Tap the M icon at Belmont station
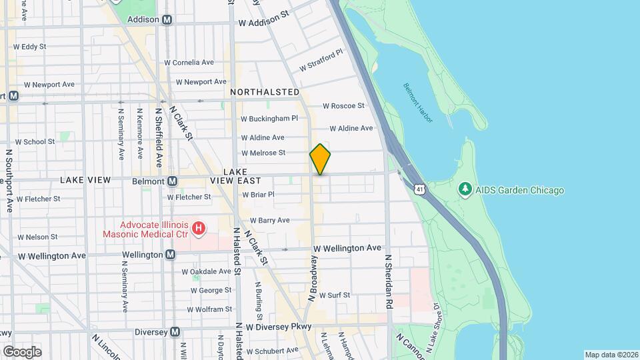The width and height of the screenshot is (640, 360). [x=173, y=181]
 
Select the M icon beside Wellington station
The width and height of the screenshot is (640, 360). [x=171, y=255]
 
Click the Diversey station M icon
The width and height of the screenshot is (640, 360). [x=175, y=332]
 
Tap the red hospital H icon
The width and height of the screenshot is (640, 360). [x=198, y=229]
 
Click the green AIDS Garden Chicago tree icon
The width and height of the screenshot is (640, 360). [x=465, y=190]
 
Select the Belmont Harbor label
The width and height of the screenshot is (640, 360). [x=418, y=103]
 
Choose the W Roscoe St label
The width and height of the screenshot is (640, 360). [x=344, y=106]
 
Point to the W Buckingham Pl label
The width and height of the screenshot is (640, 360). [x=269, y=119]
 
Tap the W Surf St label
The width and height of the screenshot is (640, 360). [x=339, y=294]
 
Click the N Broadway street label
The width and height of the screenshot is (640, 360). [x=311, y=278]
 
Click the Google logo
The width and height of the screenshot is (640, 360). [x=22, y=352]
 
